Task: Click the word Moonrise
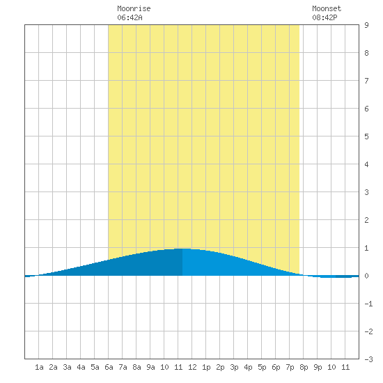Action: point(134,8)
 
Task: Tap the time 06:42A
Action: point(130,17)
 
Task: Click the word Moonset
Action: point(327,8)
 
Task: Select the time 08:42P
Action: point(325,17)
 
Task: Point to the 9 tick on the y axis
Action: point(366,25)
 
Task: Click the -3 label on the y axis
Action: point(368,359)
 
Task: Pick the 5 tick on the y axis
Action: point(366,136)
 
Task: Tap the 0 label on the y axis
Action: point(366,276)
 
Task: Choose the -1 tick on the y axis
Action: point(368,304)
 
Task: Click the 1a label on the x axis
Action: point(39,367)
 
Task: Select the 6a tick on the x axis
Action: point(109,367)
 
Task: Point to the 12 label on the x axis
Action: point(192,367)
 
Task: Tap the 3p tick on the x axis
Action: point(234,367)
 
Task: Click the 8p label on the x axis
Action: point(304,367)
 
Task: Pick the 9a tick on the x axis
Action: point(150,367)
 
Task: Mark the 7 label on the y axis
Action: point(366,81)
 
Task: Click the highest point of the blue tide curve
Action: point(182,249)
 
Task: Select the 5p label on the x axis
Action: point(262,367)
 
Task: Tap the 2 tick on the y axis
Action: point(366,220)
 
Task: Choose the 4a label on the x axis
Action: point(81,367)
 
